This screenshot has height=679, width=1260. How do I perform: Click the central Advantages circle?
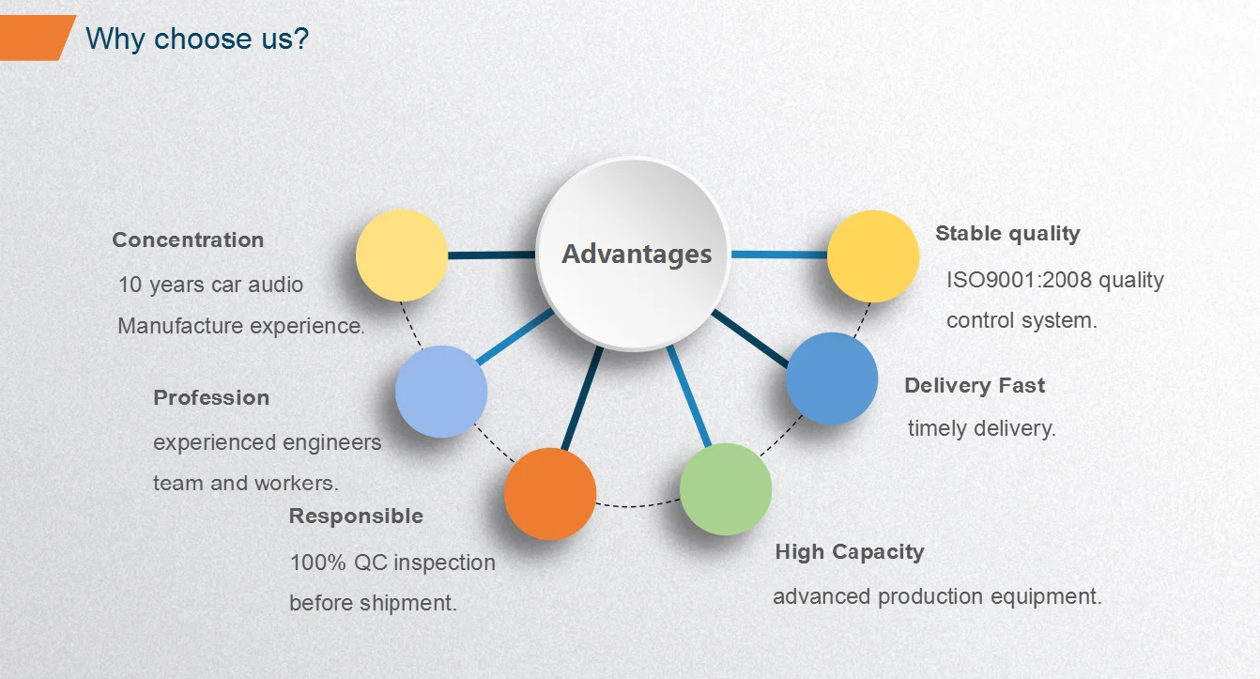(x=634, y=254)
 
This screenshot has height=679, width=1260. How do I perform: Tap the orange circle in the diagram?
(x=550, y=494)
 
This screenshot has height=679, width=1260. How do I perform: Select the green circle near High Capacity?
(x=726, y=489)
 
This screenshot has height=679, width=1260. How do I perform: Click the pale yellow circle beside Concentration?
(x=402, y=255)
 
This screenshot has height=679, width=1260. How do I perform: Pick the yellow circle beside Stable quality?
(x=873, y=256)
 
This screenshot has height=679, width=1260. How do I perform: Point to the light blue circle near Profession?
(x=441, y=392)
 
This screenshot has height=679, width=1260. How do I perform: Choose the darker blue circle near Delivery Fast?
(x=831, y=378)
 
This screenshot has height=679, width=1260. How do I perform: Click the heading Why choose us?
(x=197, y=39)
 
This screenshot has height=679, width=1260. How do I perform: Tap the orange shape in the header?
(x=37, y=38)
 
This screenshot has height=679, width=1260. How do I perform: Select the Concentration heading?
(x=188, y=240)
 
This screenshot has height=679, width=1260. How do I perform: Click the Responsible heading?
(x=356, y=517)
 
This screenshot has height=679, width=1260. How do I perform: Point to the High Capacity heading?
(x=850, y=552)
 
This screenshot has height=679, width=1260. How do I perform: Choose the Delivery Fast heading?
(x=975, y=386)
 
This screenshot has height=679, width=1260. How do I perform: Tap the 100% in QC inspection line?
(x=317, y=563)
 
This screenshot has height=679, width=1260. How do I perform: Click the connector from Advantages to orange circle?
(x=582, y=398)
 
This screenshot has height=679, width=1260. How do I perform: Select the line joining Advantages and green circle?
(x=689, y=396)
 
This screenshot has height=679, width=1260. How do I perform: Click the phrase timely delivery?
(x=981, y=429)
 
